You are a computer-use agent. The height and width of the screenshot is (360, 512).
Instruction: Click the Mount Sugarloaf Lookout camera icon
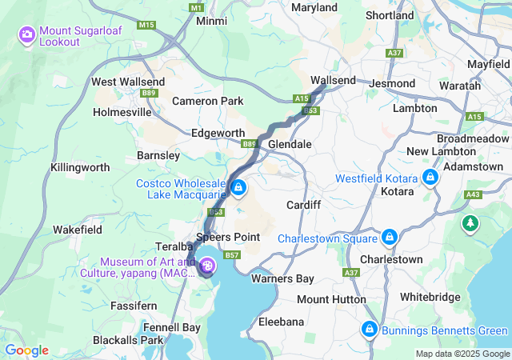pos(26,34)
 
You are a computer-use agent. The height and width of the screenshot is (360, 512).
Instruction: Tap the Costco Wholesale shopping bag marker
pos(238,187)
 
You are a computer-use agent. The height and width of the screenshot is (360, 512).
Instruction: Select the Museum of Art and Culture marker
pos(207,266)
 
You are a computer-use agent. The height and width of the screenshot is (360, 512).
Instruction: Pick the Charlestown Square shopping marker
pos(389,238)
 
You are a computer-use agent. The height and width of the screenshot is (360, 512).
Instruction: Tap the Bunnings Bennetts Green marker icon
pos(370,329)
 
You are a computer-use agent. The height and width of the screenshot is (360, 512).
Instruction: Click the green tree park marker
pos(470,225)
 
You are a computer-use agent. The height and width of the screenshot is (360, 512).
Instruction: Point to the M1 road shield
pos(197,7)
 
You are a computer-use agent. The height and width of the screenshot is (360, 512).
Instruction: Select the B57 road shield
pos(232,255)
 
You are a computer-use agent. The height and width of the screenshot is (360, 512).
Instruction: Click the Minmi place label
pos(211,21)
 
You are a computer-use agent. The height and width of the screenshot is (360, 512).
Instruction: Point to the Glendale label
pos(290,144)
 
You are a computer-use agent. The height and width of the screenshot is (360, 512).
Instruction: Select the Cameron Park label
pos(208,101)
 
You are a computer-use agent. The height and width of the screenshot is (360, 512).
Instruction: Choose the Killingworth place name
pos(80,167)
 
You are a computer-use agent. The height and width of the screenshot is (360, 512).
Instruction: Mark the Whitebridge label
pos(430,297)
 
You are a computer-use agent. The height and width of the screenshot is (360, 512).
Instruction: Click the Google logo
pos(26,350)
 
